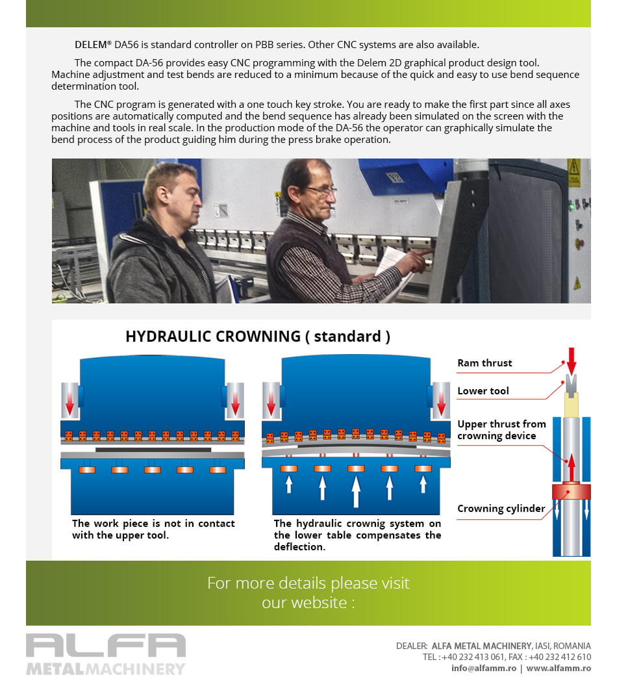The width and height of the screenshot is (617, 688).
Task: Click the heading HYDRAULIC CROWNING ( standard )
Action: coord(258,337)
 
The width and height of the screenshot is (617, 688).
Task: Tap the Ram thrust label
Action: coord(485,363)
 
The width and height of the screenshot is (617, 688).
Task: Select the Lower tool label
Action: coord(483,391)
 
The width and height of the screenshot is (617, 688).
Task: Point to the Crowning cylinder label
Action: coord(501,509)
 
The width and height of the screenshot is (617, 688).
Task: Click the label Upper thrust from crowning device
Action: coord(501,429)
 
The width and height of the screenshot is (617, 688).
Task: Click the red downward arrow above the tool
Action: coord(572,359)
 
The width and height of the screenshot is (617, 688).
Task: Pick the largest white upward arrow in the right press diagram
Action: coord(355,491)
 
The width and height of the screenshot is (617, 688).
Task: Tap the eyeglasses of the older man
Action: coord(321,191)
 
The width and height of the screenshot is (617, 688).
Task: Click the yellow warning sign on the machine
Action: coord(573,173)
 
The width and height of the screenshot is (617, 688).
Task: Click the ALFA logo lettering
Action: coord(106,645)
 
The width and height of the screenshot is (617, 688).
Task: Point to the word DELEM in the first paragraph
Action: coord(91,45)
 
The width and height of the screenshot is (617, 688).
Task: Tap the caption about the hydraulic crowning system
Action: coord(357,535)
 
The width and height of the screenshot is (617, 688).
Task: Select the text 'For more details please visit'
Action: coord(308,583)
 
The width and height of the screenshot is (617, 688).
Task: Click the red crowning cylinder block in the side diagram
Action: coord(571,492)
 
